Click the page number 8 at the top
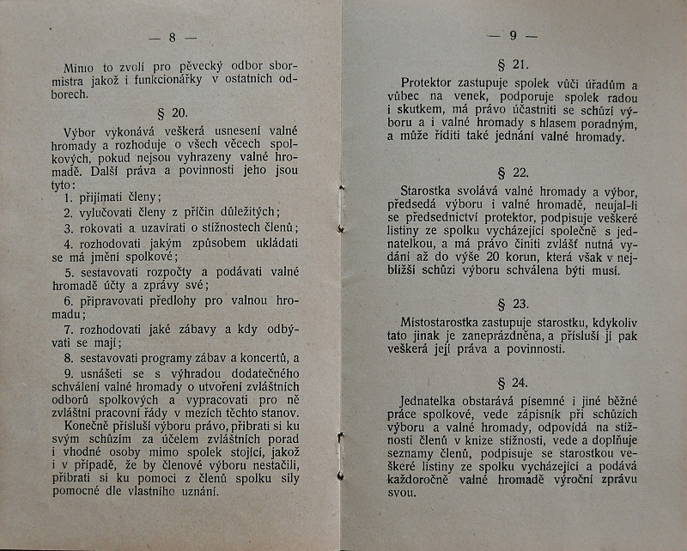(172, 37)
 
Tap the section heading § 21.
(514, 65)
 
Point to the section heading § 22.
(514, 172)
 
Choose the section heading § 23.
(514, 304)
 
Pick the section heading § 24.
(514, 383)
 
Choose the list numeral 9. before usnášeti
(68, 374)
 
